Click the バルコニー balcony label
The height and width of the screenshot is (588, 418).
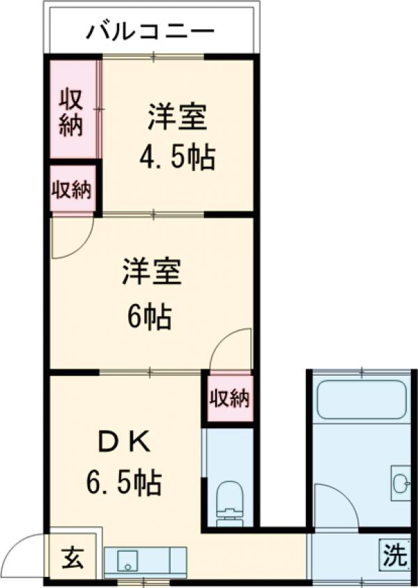point(150,32)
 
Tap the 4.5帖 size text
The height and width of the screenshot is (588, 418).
point(177,158)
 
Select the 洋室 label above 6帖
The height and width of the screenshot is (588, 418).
point(153,273)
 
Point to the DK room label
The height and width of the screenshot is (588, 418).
point(121,441)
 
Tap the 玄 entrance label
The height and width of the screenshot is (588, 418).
point(72,558)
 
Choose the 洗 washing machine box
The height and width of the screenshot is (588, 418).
point(394,555)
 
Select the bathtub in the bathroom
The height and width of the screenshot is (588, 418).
point(362,399)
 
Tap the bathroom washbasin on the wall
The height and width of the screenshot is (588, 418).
point(400,481)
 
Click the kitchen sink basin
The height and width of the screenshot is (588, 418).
point(128,559)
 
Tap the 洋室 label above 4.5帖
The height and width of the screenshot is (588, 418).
point(177,117)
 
